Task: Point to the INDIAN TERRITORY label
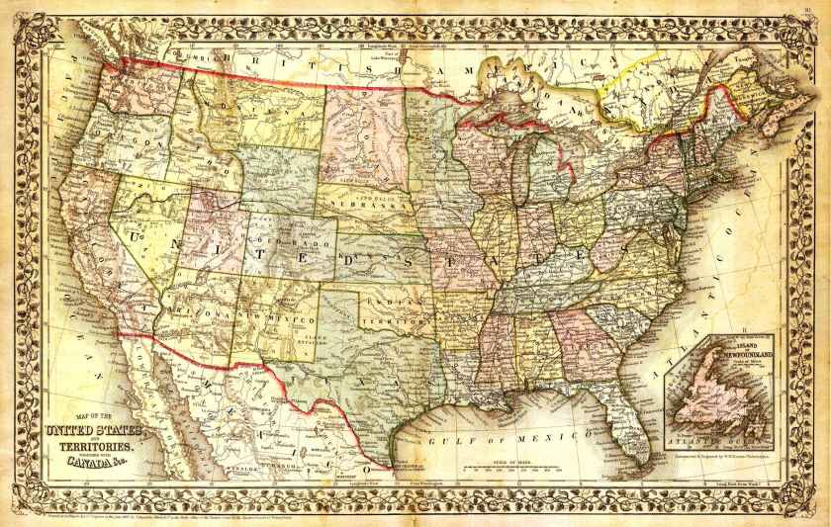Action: (395, 314)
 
